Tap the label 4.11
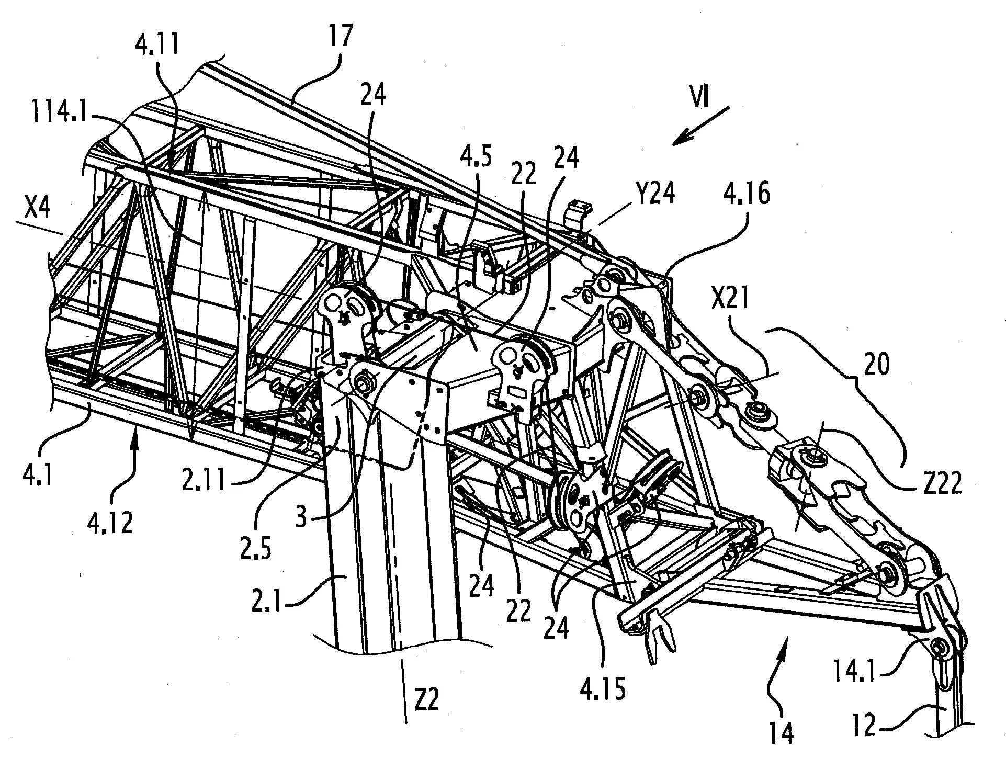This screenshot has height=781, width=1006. coord(156,47)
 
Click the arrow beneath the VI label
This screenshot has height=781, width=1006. coord(701,124)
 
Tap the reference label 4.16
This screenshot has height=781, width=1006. coord(739,195)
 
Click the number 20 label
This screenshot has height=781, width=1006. coord(876,364)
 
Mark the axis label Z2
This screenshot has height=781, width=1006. coord(426,700)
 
